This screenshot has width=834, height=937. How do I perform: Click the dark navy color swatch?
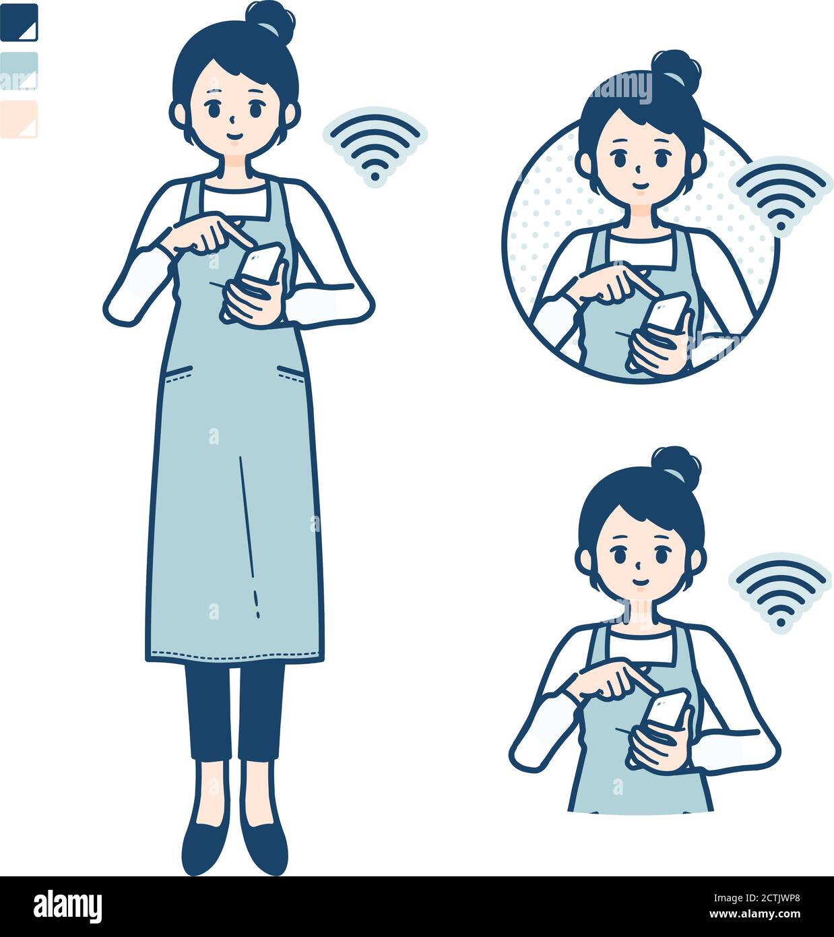(19, 22)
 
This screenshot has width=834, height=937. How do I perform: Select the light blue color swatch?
(19, 71)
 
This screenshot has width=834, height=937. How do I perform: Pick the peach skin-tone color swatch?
(19, 119)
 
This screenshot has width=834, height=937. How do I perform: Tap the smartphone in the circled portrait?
(667, 312)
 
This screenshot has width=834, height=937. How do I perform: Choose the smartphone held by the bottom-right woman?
(667, 708)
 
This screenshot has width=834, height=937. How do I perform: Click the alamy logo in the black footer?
(67, 907)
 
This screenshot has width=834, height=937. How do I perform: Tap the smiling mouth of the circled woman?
(639, 184)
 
